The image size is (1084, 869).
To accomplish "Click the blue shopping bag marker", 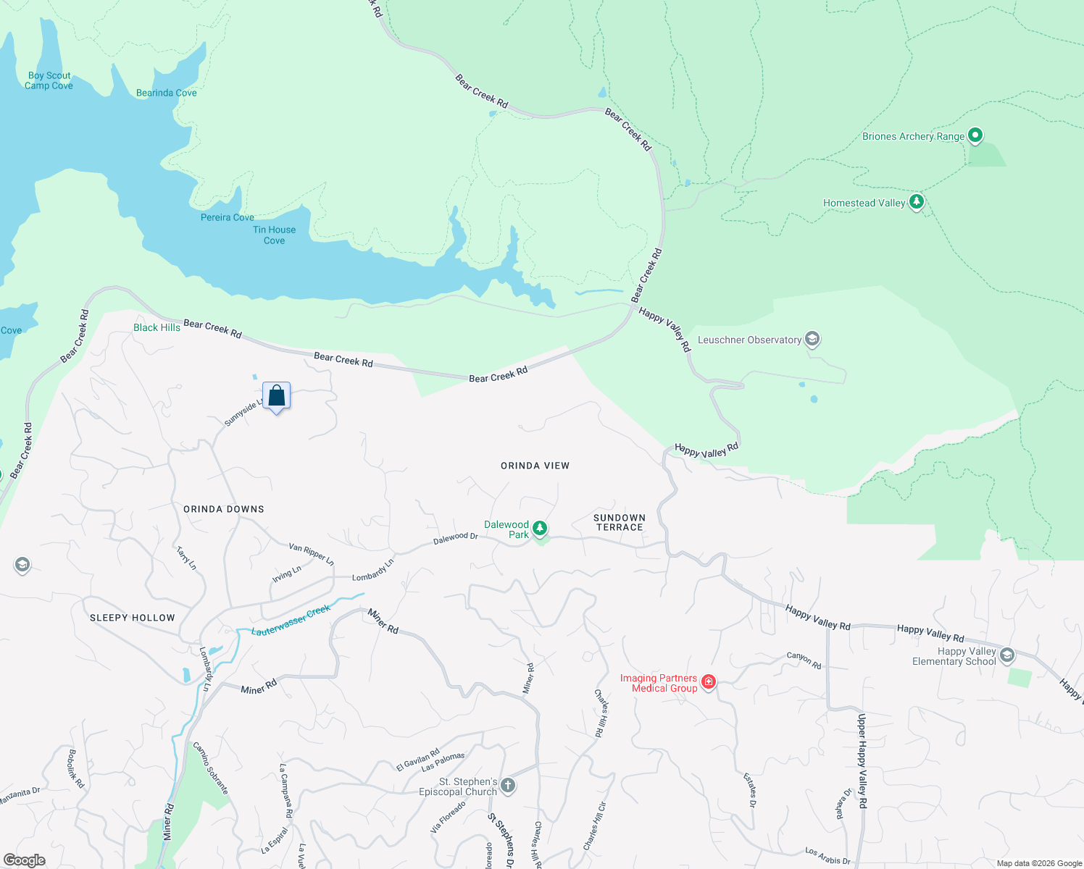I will click(x=276, y=396).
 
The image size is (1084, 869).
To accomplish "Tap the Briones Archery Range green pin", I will click(x=975, y=135).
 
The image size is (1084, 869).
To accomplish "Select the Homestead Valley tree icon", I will click(x=917, y=201).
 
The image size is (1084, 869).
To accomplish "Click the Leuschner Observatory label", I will click(x=749, y=340).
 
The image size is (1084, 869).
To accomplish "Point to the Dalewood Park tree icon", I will click(x=540, y=529).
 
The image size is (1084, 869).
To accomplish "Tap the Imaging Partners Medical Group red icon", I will click(x=709, y=681).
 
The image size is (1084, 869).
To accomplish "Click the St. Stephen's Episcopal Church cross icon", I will click(x=509, y=785).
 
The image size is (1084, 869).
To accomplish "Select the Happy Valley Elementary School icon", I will click(x=1007, y=655).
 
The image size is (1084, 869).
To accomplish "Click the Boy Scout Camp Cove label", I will click(x=49, y=80).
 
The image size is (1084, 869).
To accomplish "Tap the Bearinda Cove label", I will click(x=166, y=93).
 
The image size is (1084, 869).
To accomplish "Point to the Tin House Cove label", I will click(x=274, y=235).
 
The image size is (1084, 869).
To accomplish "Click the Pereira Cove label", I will click(x=227, y=217).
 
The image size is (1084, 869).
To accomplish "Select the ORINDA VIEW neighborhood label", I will click(x=535, y=466).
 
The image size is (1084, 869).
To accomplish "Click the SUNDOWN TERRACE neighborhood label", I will click(x=619, y=522).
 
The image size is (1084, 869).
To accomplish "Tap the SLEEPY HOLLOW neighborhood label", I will click(x=132, y=618).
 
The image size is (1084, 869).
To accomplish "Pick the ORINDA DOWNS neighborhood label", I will click(x=223, y=509).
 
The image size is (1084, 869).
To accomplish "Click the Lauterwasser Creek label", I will click(x=291, y=621).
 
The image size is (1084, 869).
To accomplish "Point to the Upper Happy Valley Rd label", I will click(x=862, y=760).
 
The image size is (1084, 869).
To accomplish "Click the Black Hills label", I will click(x=157, y=327).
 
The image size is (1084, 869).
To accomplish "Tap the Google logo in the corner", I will click(x=24, y=860).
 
